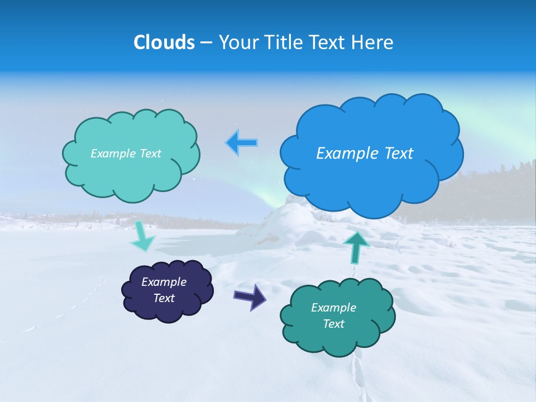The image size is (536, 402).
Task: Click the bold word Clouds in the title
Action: click(x=164, y=42)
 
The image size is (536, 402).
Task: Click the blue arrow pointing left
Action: click(x=242, y=143)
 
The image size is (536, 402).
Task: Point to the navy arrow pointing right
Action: click(x=250, y=296)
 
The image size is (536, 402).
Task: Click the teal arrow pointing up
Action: click(x=356, y=247)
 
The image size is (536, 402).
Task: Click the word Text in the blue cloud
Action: click(x=398, y=154)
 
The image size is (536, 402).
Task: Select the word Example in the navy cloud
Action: click(x=164, y=283)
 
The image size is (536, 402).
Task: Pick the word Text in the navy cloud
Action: click(x=164, y=299)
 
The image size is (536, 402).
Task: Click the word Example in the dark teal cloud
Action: click(x=333, y=308)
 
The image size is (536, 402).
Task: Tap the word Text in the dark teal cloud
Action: click(x=333, y=324)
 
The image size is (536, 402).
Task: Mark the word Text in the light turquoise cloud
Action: click(x=150, y=154)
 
